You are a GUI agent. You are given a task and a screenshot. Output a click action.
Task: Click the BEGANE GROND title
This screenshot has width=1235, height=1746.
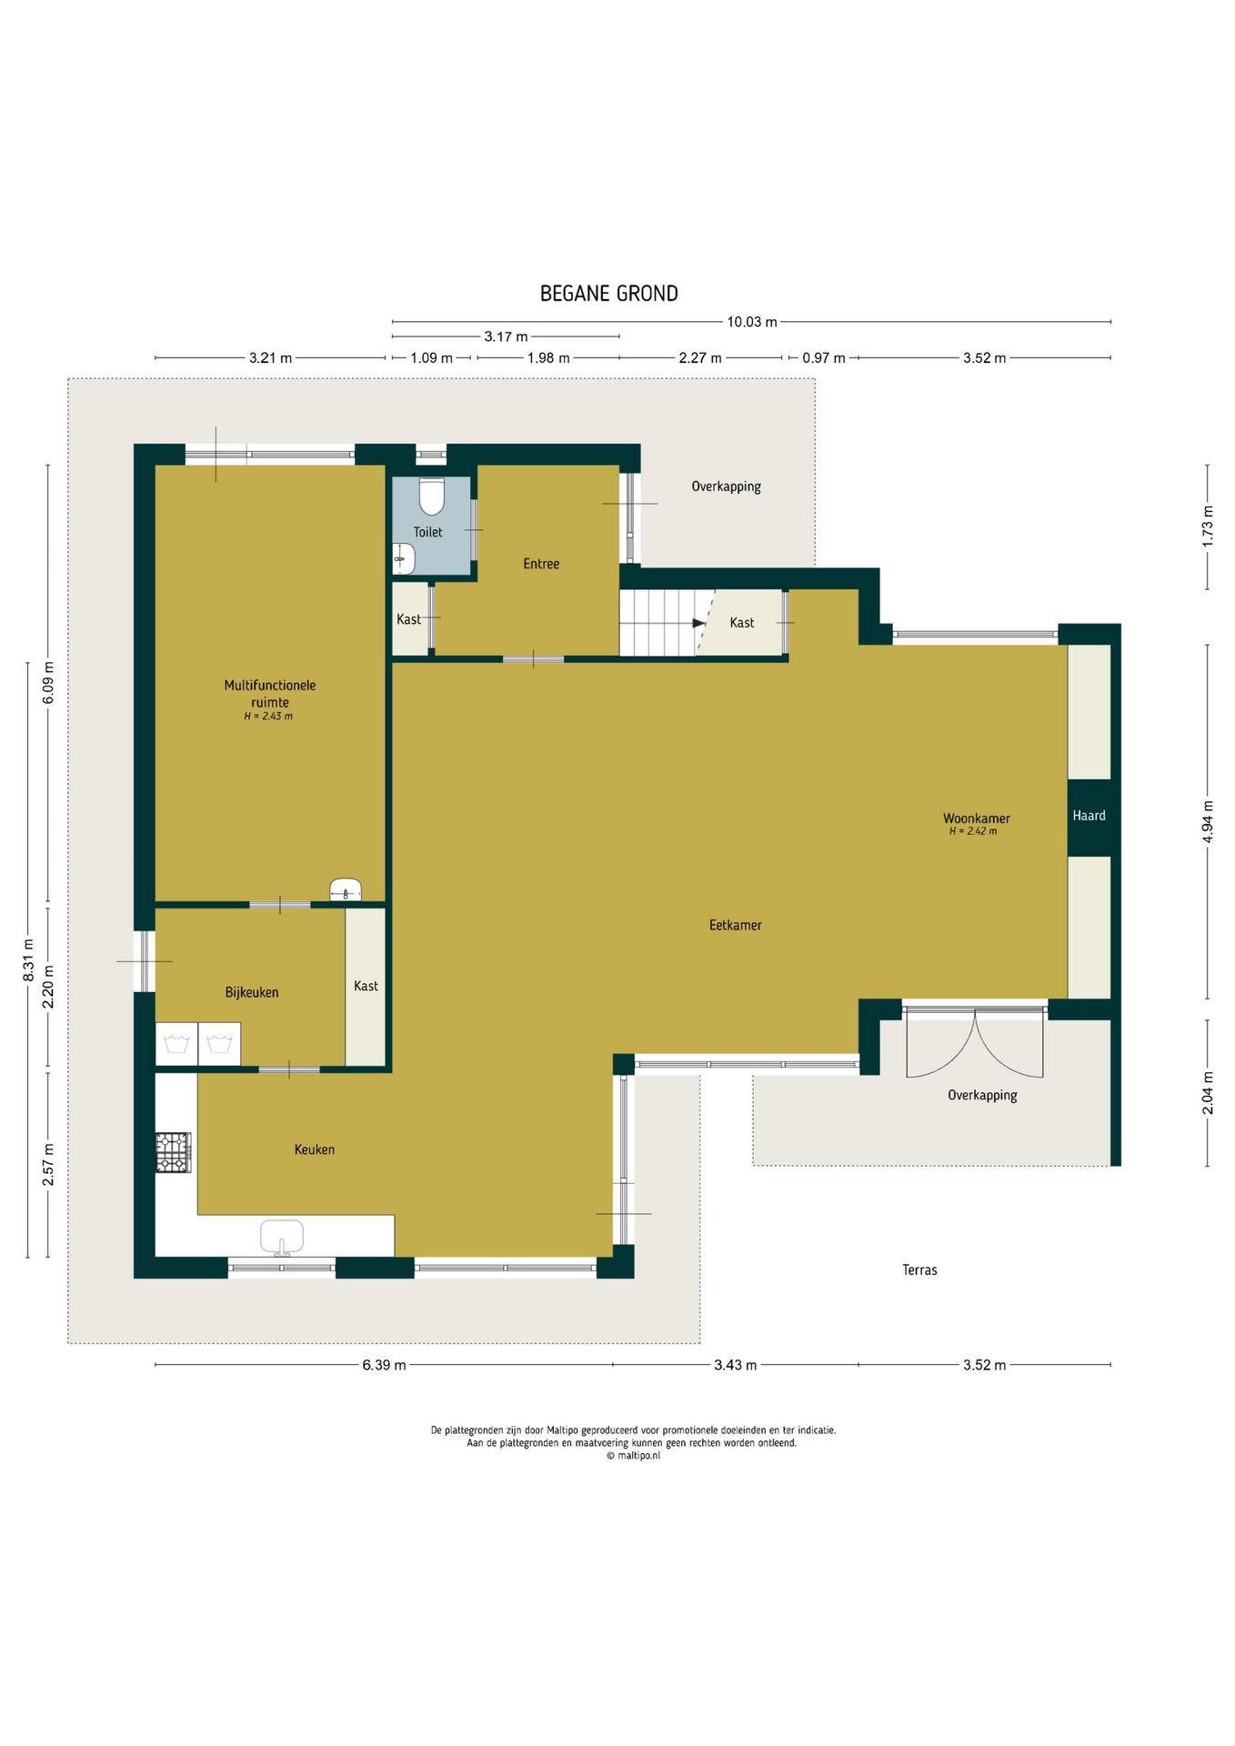pos(608,294)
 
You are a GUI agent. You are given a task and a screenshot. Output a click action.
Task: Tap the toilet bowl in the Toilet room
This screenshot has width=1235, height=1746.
pos(432,497)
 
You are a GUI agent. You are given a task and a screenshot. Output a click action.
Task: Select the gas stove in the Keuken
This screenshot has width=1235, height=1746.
pos(173,1152)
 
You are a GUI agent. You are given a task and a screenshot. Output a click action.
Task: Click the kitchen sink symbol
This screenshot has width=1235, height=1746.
pos(282,1238)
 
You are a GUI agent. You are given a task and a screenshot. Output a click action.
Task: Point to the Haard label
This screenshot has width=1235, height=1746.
pos(1089,816)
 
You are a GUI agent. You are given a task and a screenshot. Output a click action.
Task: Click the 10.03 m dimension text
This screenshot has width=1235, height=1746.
pos(752,322)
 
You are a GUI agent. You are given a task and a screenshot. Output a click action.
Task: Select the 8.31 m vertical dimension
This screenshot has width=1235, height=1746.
pos(28,960)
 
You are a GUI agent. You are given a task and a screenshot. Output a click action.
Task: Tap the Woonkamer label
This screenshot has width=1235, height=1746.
pos(976,818)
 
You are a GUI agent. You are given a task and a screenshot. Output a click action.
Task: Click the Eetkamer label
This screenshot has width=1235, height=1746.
pos(735,926)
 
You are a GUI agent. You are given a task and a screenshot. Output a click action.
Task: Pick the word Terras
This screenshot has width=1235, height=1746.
pos(919,1270)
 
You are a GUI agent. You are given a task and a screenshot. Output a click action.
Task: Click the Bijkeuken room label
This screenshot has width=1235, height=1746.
pos(252,993)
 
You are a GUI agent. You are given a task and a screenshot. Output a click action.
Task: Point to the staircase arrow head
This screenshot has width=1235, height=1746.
pos(699,623)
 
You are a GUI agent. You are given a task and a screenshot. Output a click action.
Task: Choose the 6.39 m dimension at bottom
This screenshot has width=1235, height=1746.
pos(384,1365)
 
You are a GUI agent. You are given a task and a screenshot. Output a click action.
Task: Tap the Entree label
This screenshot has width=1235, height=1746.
pos(541,564)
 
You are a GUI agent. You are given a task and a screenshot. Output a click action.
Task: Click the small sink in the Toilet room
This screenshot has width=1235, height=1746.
pos(404,559)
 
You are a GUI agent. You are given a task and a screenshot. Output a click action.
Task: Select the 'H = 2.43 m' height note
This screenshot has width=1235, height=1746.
pos(268,717)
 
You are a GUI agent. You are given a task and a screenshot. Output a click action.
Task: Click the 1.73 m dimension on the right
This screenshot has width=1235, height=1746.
pos(1208,526)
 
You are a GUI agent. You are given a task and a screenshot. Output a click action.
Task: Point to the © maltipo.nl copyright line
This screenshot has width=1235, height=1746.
pos(633,1456)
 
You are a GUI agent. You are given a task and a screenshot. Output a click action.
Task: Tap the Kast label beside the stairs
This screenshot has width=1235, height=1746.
pos(741,623)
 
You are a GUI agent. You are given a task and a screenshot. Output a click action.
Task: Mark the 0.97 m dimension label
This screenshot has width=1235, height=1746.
pos(823,358)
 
